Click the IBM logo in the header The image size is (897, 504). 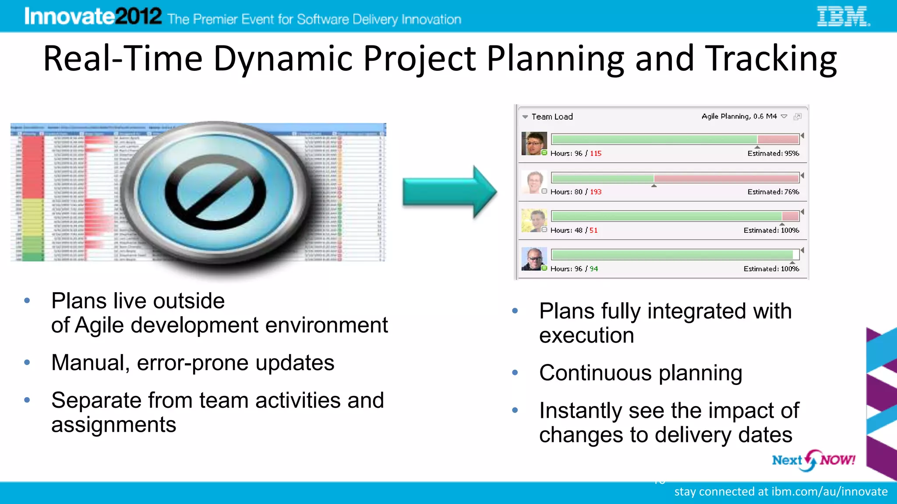(x=843, y=17)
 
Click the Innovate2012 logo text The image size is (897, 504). (x=93, y=17)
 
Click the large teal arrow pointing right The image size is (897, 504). (x=449, y=192)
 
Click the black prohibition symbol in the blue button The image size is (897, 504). (x=215, y=192)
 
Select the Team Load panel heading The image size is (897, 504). (x=552, y=117)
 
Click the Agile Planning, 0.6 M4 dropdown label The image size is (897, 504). (x=739, y=116)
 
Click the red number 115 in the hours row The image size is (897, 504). (x=596, y=154)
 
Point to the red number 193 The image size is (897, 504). (x=596, y=192)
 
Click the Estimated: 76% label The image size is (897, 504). (x=773, y=192)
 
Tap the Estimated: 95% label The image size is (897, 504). (x=773, y=154)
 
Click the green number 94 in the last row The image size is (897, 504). (x=593, y=269)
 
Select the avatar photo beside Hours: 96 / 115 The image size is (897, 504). (x=534, y=143)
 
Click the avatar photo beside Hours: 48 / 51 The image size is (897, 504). (x=534, y=220)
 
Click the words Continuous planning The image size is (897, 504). (x=640, y=373)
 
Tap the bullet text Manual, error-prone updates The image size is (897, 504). (x=193, y=363)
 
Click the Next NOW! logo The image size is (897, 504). (x=813, y=460)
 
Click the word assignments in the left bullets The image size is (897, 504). (x=113, y=425)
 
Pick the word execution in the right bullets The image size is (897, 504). (x=586, y=336)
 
